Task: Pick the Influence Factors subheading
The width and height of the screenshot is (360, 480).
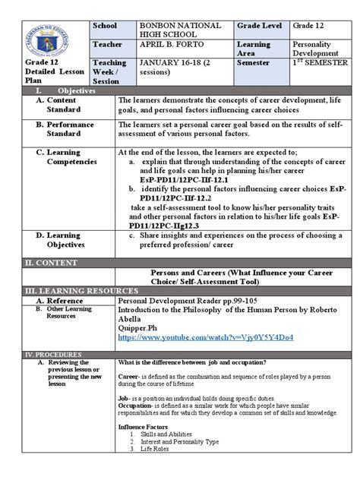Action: pos(144,426)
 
